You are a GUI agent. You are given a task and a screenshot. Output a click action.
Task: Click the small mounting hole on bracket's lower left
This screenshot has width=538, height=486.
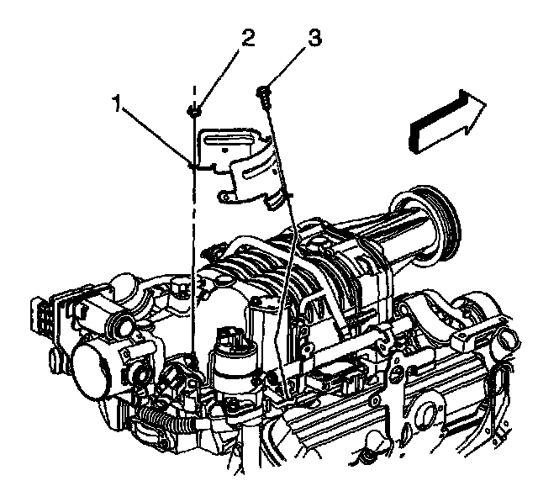pyautogui.click(x=225, y=196)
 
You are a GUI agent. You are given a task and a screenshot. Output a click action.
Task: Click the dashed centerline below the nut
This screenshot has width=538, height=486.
pyautogui.click(x=194, y=252)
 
